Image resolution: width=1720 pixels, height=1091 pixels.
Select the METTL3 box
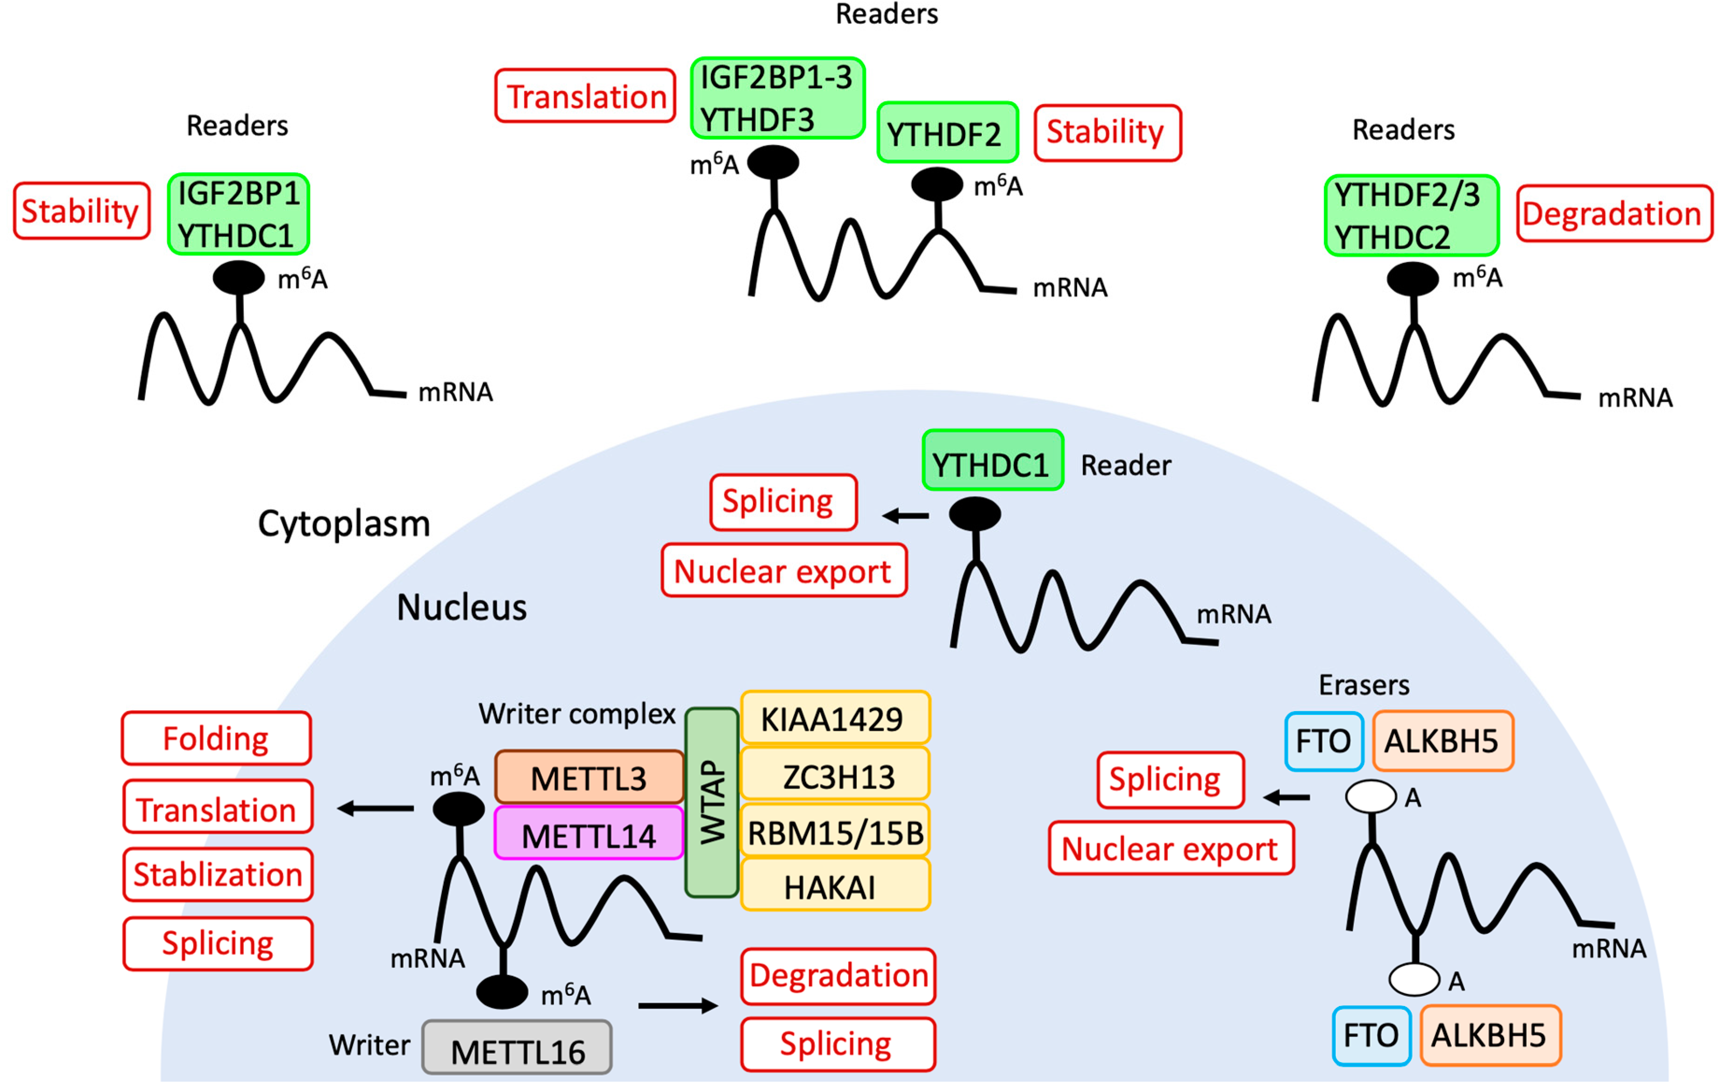click(589, 777)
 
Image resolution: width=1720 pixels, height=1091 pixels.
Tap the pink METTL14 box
click(589, 834)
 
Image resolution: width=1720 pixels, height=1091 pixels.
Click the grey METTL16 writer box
click(517, 1049)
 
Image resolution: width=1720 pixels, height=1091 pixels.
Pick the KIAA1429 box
click(835, 718)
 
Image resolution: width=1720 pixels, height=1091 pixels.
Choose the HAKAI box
click(835, 886)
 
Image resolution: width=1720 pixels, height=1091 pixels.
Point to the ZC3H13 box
click(835, 775)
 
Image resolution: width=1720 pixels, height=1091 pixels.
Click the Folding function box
click(216, 738)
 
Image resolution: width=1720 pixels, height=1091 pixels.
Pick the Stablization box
click(218, 875)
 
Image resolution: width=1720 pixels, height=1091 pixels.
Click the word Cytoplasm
click(343, 524)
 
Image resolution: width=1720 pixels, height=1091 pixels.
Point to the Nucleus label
click(462, 607)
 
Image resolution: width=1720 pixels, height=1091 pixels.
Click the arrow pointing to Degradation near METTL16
click(677, 1006)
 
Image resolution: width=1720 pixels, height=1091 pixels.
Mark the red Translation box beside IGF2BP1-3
click(585, 96)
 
